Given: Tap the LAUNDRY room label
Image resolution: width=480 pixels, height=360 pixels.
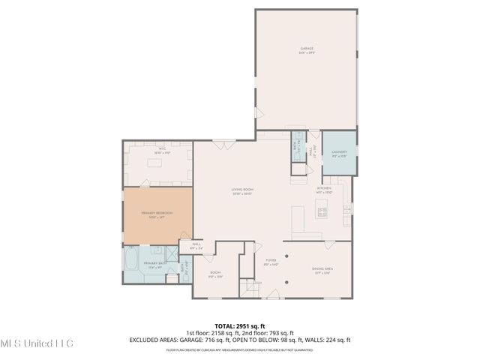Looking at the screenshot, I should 338,154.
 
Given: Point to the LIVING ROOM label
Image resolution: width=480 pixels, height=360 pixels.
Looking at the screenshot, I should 242,191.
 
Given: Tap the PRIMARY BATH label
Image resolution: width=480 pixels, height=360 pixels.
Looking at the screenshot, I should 155,265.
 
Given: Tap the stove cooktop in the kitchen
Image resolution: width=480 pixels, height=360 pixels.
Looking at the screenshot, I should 322,213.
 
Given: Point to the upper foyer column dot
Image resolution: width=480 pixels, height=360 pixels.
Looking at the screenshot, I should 286,256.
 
